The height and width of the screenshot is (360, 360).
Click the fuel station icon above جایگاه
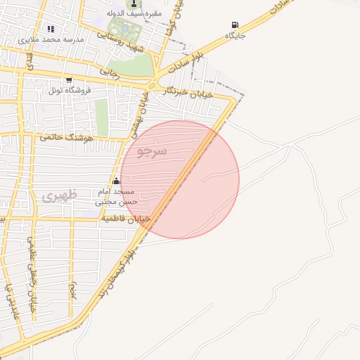[234, 25]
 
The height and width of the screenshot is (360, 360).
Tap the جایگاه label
[235, 35]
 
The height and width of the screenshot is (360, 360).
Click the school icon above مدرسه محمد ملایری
[51, 29]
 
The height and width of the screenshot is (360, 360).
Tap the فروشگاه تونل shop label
[68, 91]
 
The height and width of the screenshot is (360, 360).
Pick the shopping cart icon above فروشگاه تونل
[68, 80]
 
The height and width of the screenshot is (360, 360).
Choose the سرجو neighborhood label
[153, 151]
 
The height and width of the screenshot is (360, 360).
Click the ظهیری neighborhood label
[56, 196]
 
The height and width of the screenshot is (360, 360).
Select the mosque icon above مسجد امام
[115, 181]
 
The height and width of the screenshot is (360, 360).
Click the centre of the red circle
[180, 179]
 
